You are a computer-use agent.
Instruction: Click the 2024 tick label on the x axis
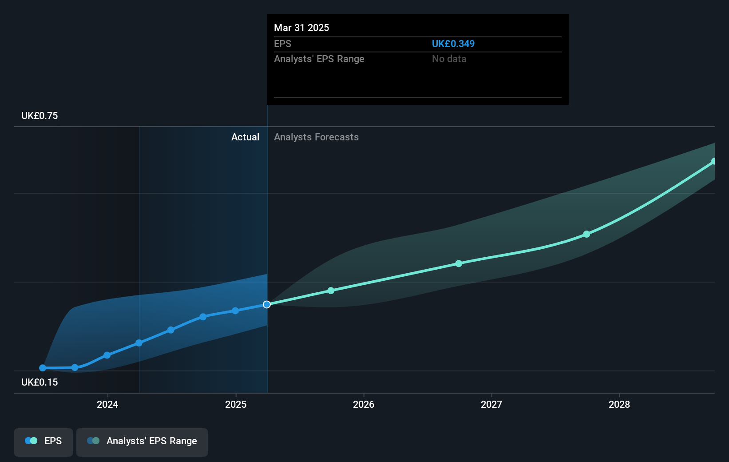pyautogui.click(x=107, y=404)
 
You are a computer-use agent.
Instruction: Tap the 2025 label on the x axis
pyautogui.click(x=235, y=404)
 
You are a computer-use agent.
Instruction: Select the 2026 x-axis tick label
pyautogui.click(x=363, y=404)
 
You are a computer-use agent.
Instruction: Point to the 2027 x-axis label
pyautogui.click(x=491, y=404)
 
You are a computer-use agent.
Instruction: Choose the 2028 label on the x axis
pyautogui.click(x=619, y=404)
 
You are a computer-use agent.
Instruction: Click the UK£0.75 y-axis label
pyautogui.click(x=40, y=116)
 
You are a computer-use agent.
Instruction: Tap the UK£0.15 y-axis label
pyautogui.click(x=40, y=382)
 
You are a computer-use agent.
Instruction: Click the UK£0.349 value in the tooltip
pyautogui.click(x=453, y=44)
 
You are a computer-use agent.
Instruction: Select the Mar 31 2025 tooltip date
pyautogui.click(x=301, y=28)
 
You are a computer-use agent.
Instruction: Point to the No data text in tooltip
pyautogui.click(x=449, y=59)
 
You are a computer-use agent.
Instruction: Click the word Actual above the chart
pyautogui.click(x=245, y=137)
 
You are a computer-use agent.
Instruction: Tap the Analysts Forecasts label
pyautogui.click(x=316, y=137)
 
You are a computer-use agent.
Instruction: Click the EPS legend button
pyautogui.click(x=44, y=441)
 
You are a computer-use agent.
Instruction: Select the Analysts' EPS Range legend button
pyautogui.click(x=142, y=441)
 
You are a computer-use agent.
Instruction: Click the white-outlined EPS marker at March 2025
pyautogui.click(x=267, y=304)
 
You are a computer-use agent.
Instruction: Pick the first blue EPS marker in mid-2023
pyautogui.click(x=43, y=368)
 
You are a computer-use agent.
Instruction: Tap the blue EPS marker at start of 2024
pyautogui.click(x=107, y=355)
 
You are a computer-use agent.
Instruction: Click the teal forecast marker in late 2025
pyautogui.click(x=331, y=291)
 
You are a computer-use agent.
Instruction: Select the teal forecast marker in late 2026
pyautogui.click(x=459, y=263)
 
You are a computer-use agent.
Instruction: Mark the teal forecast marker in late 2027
pyautogui.click(x=586, y=234)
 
